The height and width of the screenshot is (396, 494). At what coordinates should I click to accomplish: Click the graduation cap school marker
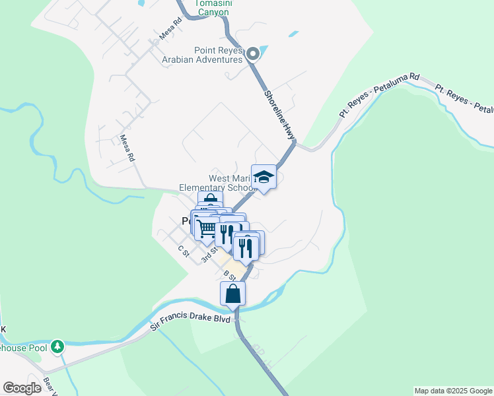click(264, 177)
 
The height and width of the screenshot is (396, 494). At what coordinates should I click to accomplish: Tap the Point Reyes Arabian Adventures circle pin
click(252, 55)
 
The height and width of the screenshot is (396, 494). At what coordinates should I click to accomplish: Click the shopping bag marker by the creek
click(233, 294)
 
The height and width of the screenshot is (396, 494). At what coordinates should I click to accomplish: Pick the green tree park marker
click(57, 346)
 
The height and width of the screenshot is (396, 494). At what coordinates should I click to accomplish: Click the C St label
click(183, 252)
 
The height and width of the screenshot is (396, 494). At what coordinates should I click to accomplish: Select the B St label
click(229, 275)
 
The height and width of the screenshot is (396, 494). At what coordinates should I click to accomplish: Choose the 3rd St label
click(209, 254)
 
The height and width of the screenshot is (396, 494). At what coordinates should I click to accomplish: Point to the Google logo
click(22, 388)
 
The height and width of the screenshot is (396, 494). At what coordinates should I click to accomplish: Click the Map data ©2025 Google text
click(453, 391)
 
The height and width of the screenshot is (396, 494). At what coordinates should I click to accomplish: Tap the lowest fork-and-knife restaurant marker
click(244, 247)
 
